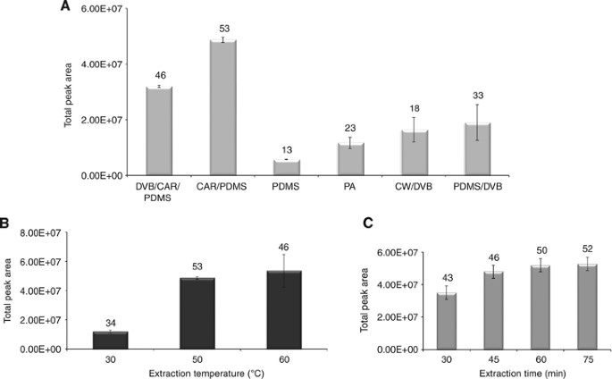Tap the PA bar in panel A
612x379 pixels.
point(350,158)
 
